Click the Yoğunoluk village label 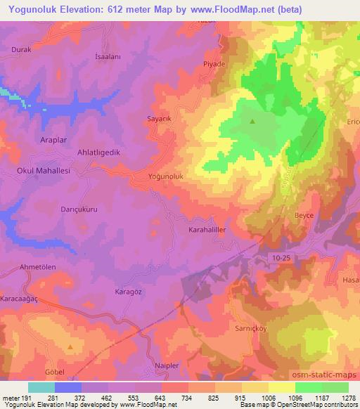click(x=166, y=178)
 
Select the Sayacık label click(x=159, y=119)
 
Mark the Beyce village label click(x=304, y=216)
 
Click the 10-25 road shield click(x=281, y=259)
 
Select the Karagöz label click(x=128, y=291)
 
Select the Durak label click(x=22, y=50)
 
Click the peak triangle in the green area click(x=252, y=122)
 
